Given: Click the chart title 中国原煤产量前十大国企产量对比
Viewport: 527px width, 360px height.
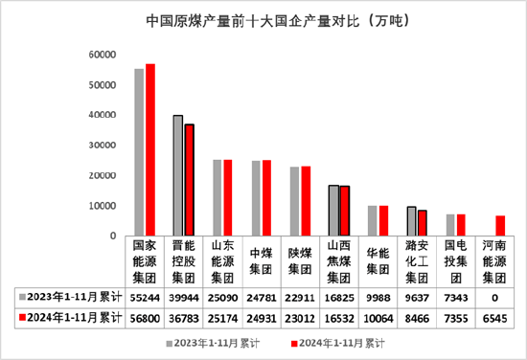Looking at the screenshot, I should (263, 18).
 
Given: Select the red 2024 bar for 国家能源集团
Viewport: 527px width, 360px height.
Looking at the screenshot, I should (150, 149).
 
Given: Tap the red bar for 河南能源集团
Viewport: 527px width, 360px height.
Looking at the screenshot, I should (500, 226).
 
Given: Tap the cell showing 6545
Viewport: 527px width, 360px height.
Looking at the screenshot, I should (494, 316).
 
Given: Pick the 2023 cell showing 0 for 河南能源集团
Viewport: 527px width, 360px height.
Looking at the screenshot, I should (494, 297).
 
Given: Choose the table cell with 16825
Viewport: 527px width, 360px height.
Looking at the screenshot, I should (339, 297).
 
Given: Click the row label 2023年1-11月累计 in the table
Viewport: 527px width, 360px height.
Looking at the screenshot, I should (73, 297).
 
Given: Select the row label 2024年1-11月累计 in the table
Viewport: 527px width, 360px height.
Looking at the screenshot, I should (73, 316).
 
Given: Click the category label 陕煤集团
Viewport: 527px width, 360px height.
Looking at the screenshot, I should (300, 261).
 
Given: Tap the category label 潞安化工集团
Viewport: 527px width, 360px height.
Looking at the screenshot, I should (417, 261).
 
